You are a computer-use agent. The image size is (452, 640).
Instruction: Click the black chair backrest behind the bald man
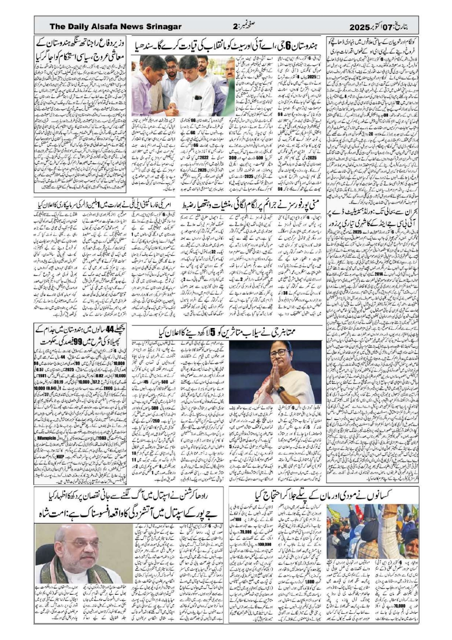click(114, 540)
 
